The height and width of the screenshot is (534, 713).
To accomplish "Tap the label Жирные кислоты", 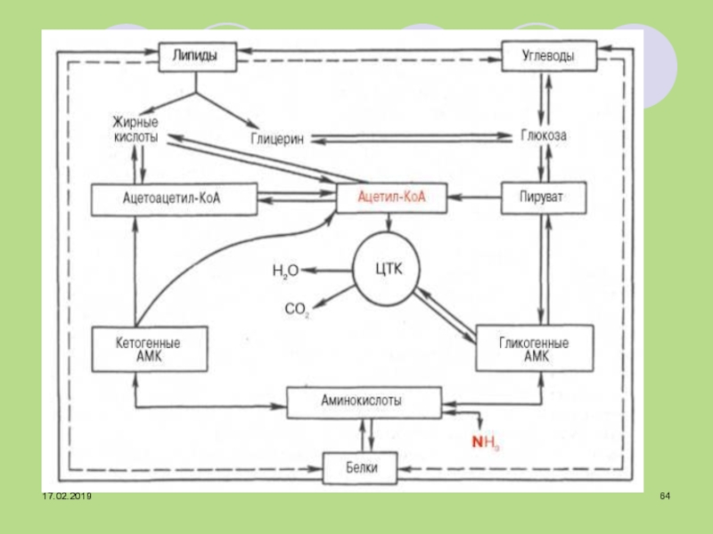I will point(135,130).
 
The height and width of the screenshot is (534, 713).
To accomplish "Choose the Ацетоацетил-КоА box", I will point(175,198).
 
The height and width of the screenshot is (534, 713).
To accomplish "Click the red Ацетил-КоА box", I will point(389,197).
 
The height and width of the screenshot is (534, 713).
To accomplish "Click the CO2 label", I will point(297,310).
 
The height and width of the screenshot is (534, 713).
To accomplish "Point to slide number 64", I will point(665,495).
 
